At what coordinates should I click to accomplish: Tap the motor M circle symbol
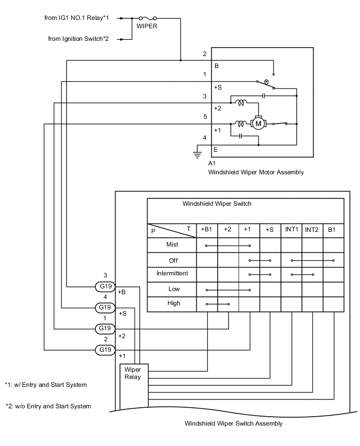click(x=257, y=124)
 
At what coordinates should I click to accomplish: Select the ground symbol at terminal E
click(x=197, y=154)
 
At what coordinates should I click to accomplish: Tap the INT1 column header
click(x=291, y=229)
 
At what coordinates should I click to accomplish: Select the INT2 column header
click(x=312, y=229)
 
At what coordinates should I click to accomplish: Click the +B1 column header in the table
click(x=207, y=229)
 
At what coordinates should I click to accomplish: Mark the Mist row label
click(x=172, y=244)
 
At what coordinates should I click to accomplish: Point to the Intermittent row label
click(x=172, y=273)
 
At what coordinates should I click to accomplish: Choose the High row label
click(x=174, y=303)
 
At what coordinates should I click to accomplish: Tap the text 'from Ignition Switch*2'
click(x=78, y=38)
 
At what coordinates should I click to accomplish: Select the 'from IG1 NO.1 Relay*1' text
click(x=77, y=18)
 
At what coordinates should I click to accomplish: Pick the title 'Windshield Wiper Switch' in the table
click(x=217, y=204)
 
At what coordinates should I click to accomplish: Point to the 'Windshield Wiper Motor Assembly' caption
click(x=255, y=172)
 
